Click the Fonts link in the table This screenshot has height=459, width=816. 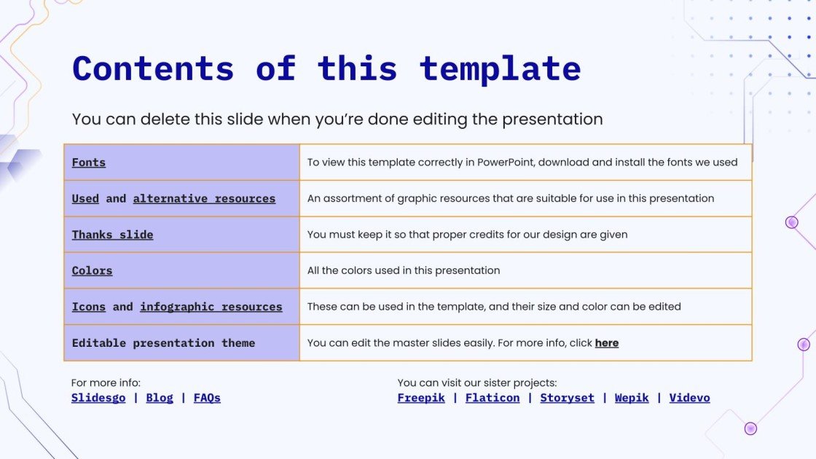(x=88, y=162)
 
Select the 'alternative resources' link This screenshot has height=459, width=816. (x=204, y=198)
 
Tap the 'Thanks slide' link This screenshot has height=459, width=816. (x=112, y=235)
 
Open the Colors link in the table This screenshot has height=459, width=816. (x=92, y=270)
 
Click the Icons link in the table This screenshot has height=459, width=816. (x=88, y=307)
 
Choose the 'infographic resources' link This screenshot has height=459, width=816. (x=211, y=307)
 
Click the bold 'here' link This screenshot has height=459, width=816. (x=606, y=342)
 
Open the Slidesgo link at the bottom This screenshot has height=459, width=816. (x=98, y=398)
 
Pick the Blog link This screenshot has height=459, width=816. (x=160, y=398)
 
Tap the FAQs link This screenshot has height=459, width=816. (x=207, y=398)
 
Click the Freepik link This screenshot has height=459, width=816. (x=421, y=398)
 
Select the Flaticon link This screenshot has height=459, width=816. (x=493, y=398)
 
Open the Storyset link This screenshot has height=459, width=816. (x=567, y=398)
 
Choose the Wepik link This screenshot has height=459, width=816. (x=632, y=398)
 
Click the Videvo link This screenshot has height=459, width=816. (x=689, y=398)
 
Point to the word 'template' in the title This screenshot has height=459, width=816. (x=500, y=68)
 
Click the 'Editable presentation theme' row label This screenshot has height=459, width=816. (x=163, y=342)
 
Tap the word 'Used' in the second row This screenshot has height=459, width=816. (x=85, y=198)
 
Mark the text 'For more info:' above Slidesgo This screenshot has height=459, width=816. (x=106, y=382)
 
